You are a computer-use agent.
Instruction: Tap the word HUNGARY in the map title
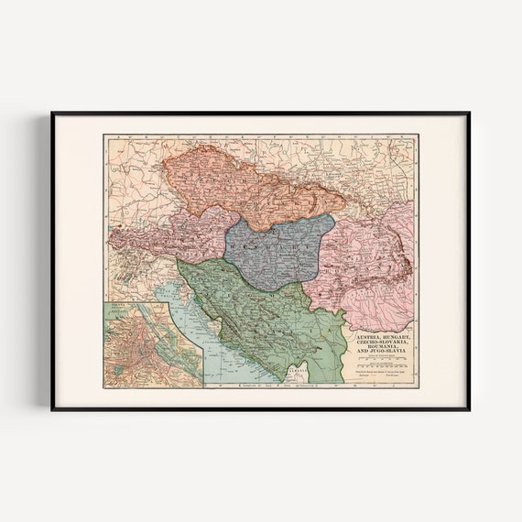(x=397, y=338)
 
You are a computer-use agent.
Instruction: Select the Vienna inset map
(x=152, y=344)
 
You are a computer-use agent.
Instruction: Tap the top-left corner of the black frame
(x=53, y=114)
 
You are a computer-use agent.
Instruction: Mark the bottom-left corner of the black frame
(x=53, y=408)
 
